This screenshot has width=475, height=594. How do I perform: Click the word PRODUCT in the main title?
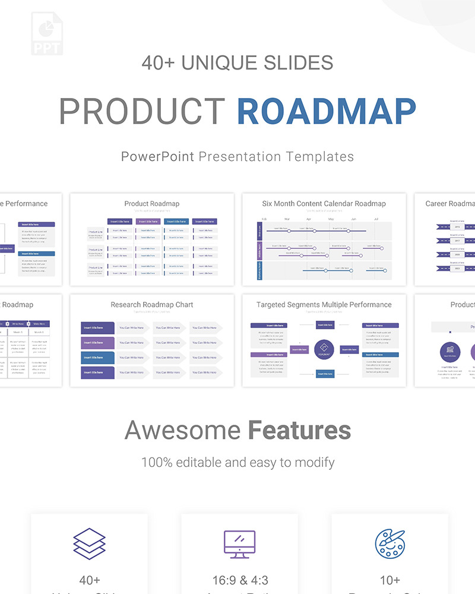click(142, 110)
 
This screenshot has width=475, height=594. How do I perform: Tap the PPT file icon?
click(47, 33)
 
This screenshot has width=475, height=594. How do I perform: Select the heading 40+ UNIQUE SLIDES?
click(237, 62)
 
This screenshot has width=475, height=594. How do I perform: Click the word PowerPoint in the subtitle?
click(157, 157)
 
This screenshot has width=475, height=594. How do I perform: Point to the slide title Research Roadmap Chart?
click(152, 305)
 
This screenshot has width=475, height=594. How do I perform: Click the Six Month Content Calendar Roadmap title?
click(324, 204)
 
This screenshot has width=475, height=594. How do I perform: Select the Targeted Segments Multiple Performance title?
click(324, 305)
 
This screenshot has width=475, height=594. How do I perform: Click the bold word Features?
click(299, 431)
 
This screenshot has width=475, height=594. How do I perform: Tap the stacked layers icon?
click(90, 544)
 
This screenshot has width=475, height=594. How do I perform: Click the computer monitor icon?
click(239, 544)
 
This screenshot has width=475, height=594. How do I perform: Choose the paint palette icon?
click(389, 544)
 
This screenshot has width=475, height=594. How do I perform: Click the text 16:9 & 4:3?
click(239, 580)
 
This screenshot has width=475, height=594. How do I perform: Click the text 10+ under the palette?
click(389, 580)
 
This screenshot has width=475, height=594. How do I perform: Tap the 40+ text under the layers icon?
click(90, 580)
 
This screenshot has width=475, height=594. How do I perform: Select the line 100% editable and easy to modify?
click(237, 462)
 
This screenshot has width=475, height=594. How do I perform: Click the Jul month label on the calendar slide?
click(376, 219)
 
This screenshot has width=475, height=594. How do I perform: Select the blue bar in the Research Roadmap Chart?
click(97, 358)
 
